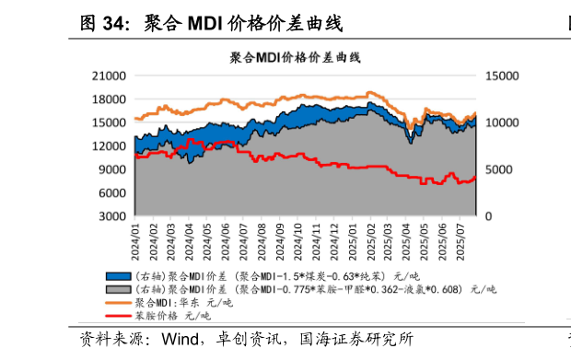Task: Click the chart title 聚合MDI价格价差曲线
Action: [296, 57]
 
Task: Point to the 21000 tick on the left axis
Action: [111, 75]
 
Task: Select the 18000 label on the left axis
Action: [111, 99]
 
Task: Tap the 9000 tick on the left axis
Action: [113, 169]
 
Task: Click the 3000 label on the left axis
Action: [113, 216]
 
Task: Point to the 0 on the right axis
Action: [489, 216]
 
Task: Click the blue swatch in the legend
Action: [118, 276]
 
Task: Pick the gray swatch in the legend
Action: [118, 289]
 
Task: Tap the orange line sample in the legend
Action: [118, 302]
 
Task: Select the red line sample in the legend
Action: [118, 315]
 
